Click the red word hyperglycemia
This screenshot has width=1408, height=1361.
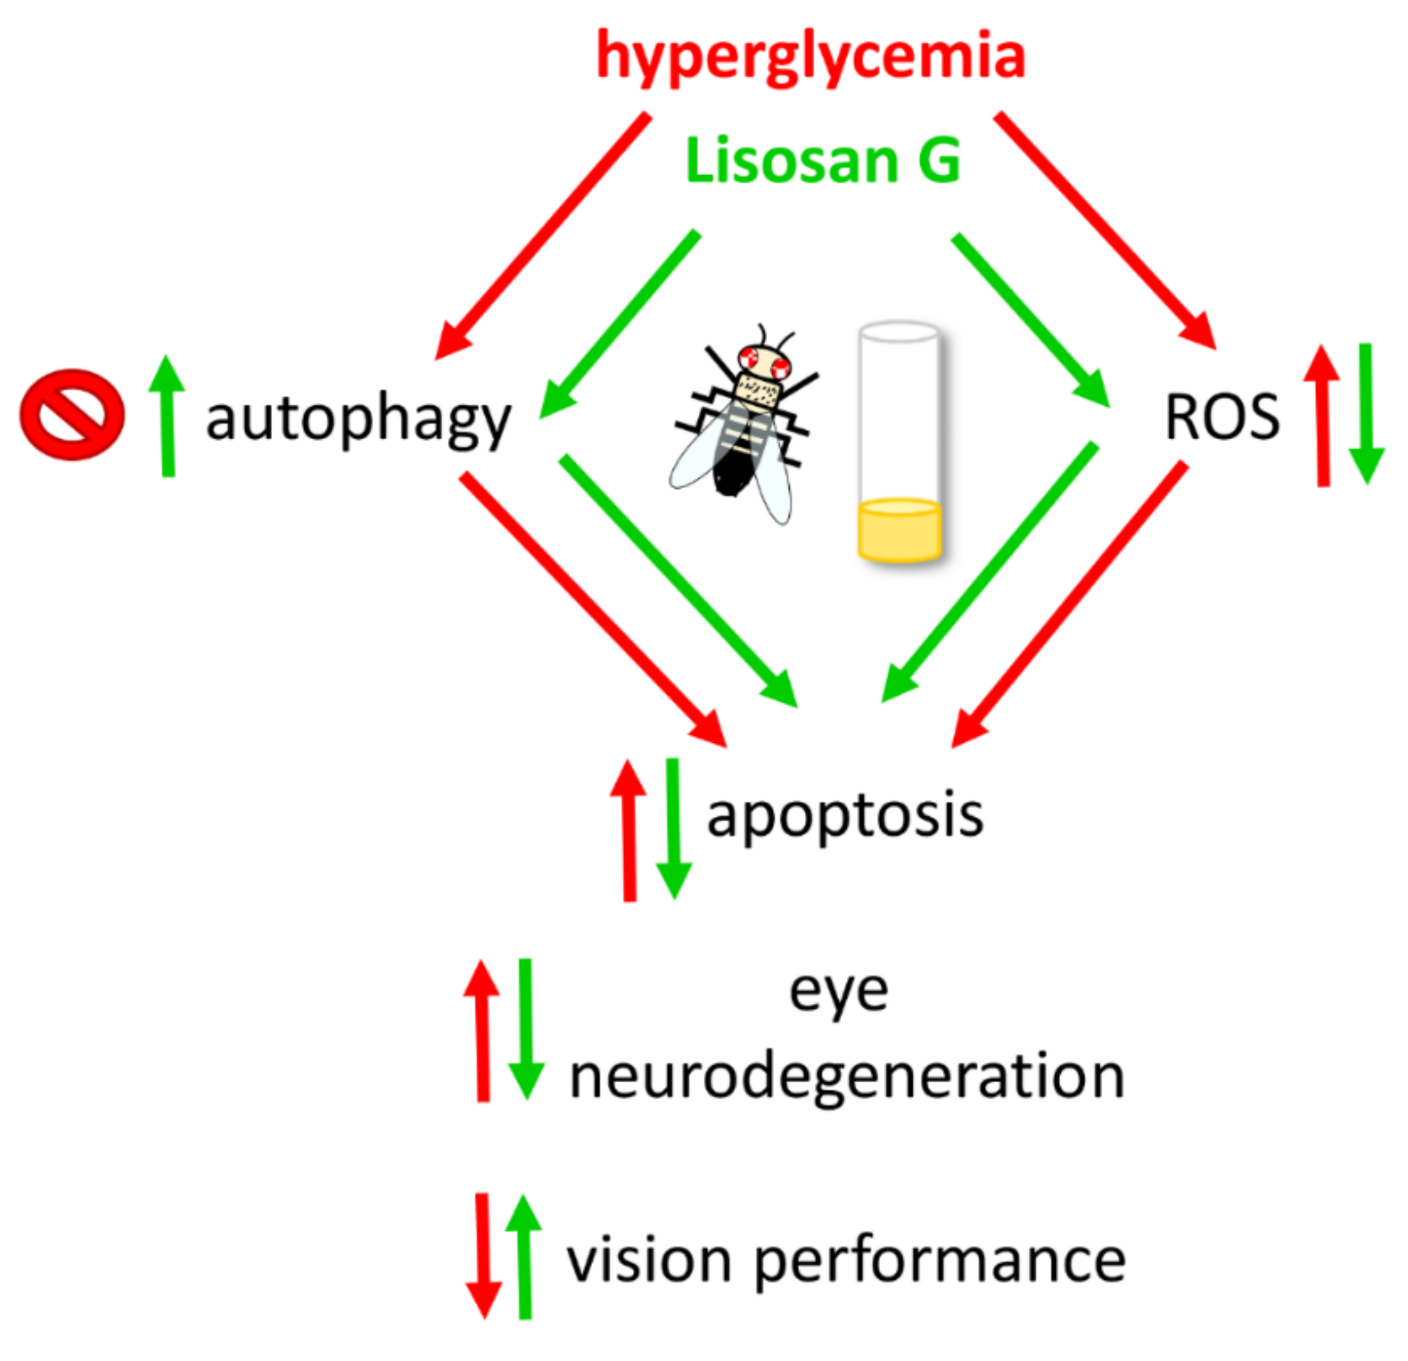click(x=810, y=57)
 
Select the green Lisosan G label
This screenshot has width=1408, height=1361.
click(x=823, y=161)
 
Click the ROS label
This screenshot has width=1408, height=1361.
click(x=1222, y=417)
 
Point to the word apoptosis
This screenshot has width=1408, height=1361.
click(x=845, y=816)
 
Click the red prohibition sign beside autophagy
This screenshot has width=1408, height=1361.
click(x=72, y=415)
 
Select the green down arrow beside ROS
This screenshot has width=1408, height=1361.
click(x=1365, y=414)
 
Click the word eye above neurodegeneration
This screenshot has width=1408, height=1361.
click(x=838, y=992)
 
